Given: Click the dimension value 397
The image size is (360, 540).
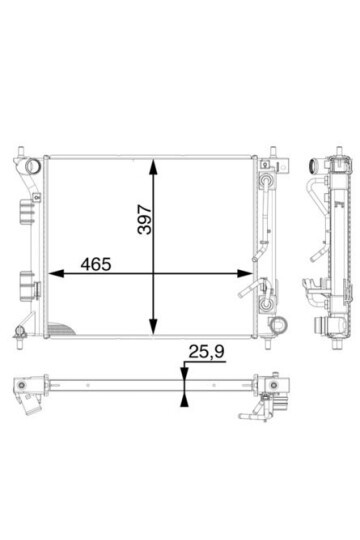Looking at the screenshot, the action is pyautogui.click(x=144, y=220).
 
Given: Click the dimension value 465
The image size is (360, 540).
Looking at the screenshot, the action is pyautogui.click(x=96, y=264).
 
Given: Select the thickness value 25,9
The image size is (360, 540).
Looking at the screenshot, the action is pyautogui.click(x=206, y=352).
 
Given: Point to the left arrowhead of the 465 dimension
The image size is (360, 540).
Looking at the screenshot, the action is pyautogui.click(x=56, y=274).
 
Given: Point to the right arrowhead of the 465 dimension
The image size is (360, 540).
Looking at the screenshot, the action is pyautogui.click(x=245, y=274).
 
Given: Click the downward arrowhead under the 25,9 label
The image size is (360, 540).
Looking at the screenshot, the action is pyautogui.click(x=184, y=374).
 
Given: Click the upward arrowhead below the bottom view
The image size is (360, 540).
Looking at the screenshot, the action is pyautogui.click(x=184, y=400).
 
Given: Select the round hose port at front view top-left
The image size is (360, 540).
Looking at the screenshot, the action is pyautogui.click(x=33, y=166).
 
